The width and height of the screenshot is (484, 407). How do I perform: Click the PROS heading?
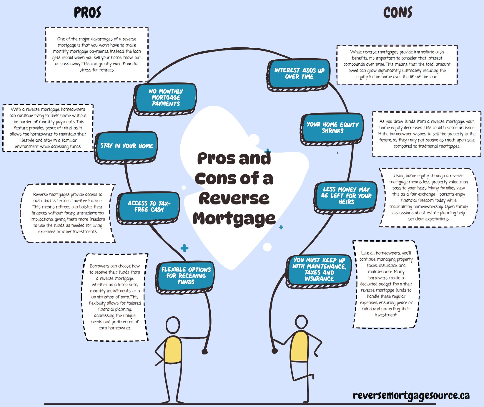pyautogui.click(x=87, y=13)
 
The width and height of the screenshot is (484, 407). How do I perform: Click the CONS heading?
pyautogui.click(x=397, y=13)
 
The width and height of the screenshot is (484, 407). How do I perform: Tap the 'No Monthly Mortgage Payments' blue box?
pyautogui.click(x=166, y=98)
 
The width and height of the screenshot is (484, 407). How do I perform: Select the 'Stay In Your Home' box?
pyautogui.click(x=127, y=146)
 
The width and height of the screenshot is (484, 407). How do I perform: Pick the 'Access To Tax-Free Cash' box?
pyautogui.click(x=149, y=206)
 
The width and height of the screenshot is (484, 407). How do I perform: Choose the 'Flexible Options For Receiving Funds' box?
pyautogui.click(x=186, y=276)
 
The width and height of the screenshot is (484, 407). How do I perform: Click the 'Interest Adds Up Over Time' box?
pyautogui.click(x=299, y=74)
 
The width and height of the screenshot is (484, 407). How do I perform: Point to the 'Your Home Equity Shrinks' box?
pyautogui.click(x=332, y=128)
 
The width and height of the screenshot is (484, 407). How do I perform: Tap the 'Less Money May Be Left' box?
pyautogui.click(x=346, y=196)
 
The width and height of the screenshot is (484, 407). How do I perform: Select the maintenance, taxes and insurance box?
pyautogui.click(x=319, y=269)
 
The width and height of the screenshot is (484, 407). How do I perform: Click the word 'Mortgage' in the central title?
pyautogui.click(x=234, y=219)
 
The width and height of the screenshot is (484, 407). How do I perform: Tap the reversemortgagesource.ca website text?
pyautogui.click(x=411, y=396)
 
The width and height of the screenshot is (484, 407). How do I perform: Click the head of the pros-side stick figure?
pyautogui.click(x=173, y=325)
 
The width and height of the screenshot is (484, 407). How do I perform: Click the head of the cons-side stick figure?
pyautogui.click(x=302, y=322)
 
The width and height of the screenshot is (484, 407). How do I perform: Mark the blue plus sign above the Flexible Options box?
pyautogui.click(x=184, y=248)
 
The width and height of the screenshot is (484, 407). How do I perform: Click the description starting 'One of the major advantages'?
pyautogui.click(x=97, y=54)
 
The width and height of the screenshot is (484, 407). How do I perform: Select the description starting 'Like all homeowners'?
pyautogui.click(x=386, y=284)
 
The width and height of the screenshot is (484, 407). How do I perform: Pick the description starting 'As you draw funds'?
pyautogui.click(x=427, y=134)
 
